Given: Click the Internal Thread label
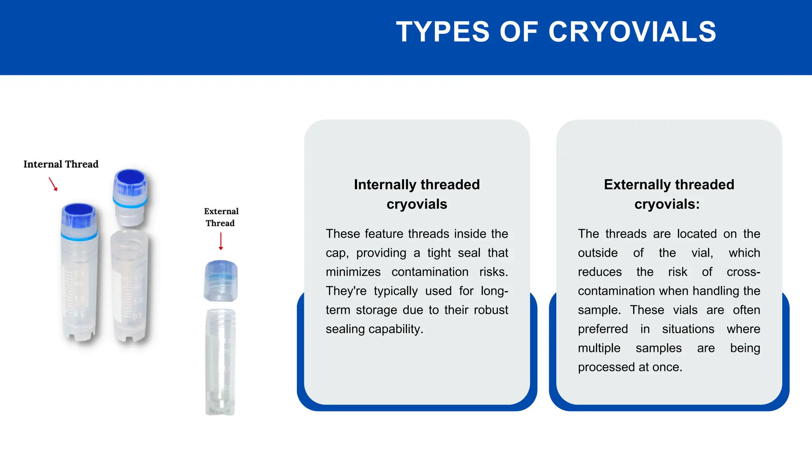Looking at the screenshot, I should pyautogui.click(x=61, y=164).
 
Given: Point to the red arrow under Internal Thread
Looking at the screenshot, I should pyautogui.click(x=53, y=184).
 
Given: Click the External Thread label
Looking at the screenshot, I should pyautogui.click(x=221, y=217).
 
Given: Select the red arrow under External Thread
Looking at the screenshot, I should pyautogui.click(x=221, y=241).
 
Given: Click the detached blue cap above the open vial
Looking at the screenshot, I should pyautogui.click(x=130, y=197).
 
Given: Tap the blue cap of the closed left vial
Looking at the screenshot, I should pyautogui.click(x=79, y=220).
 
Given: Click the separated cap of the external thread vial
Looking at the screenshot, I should pyautogui.click(x=221, y=281).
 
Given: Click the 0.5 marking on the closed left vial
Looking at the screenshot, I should pyautogui.click(x=79, y=314).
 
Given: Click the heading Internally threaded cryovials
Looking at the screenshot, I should pyautogui.click(x=417, y=194).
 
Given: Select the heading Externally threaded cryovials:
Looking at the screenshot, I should pyautogui.click(x=669, y=194).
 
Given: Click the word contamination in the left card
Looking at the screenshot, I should pyautogui.click(x=430, y=272).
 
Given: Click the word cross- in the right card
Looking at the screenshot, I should pyautogui.click(x=743, y=272).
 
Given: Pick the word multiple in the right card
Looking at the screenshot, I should pyautogui.click(x=599, y=348).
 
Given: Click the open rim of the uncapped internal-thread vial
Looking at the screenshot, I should pyautogui.click(x=130, y=235).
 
